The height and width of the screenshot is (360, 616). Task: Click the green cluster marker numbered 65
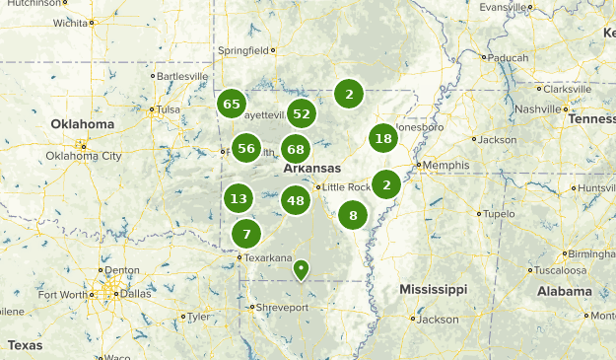click(233, 104)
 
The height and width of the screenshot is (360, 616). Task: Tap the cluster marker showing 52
click(302, 113)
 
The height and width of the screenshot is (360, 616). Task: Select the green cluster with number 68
click(296, 149)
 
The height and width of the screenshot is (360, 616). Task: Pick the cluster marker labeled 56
click(246, 149)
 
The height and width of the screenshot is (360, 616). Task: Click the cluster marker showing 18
click(383, 139)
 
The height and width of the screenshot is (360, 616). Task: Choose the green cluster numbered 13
click(239, 198)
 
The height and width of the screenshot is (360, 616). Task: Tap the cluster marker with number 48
click(296, 200)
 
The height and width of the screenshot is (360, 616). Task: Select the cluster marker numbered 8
click(353, 215)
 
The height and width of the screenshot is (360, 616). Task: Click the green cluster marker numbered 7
click(246, 234)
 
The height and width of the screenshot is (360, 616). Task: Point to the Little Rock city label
click(346, 187)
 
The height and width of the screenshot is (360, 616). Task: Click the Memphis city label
click(441, 165)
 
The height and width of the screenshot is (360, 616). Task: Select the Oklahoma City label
click(84, 156)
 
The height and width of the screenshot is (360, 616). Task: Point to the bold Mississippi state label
click(433, 289)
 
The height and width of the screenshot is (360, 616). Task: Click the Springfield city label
click(242, 50)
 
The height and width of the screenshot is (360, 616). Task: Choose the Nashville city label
click(536, 108)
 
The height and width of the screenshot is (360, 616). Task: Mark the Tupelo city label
click(500, 213)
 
